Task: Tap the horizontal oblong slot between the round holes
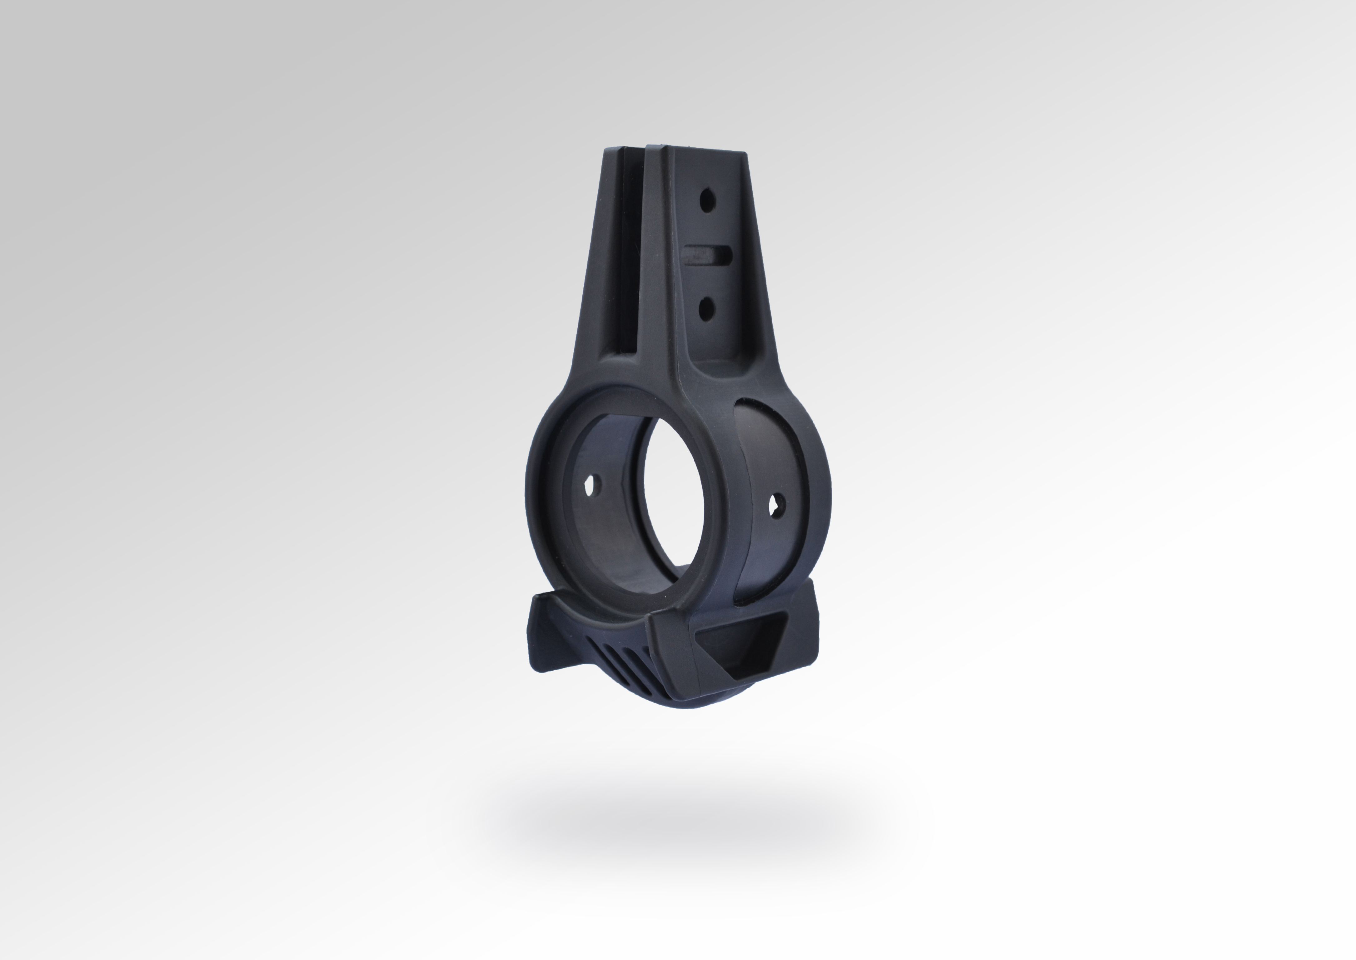tap(707, 255)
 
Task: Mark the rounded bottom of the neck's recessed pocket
tap(718, 361)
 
